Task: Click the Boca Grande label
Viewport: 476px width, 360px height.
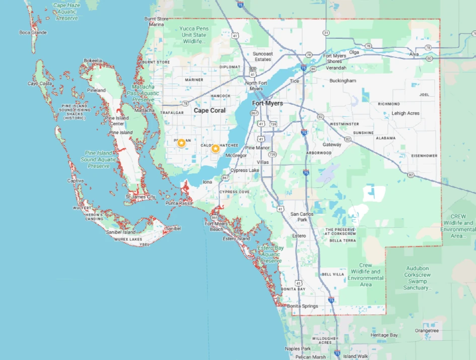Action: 33,33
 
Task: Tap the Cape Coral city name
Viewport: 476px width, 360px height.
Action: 209,110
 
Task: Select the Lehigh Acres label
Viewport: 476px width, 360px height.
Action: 405,113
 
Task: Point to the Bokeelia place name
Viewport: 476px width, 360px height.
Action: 93,61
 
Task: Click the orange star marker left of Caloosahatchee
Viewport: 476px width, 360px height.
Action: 215,148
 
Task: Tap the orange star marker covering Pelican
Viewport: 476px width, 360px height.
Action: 181,143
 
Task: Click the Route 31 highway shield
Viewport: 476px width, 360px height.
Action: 326,33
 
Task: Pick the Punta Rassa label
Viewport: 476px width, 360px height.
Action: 178,203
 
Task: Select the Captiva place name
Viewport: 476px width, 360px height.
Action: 76,181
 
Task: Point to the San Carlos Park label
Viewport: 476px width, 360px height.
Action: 302,217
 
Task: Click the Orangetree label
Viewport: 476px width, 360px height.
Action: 427,331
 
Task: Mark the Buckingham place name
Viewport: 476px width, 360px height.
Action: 343,81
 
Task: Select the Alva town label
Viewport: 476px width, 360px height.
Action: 414,53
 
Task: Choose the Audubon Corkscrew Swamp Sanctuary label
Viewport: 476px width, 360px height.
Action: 418,281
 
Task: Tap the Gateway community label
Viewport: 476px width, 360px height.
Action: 332,145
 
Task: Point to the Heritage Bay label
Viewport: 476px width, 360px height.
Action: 384,335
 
